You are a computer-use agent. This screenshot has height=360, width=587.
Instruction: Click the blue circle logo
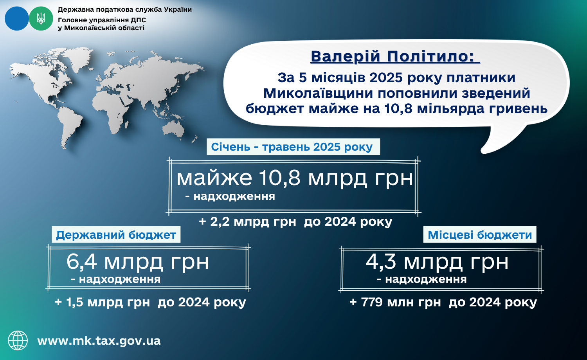tap(17, 19)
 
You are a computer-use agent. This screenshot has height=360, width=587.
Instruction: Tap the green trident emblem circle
tap(41, 19)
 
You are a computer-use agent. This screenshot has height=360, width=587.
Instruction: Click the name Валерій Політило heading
tap(395, 56)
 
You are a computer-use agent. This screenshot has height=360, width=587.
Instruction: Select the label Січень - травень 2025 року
tap(292, 147)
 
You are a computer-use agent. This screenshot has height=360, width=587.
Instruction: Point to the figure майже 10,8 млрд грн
tap(295, 178)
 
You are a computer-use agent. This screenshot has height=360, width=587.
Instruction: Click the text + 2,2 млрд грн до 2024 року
tap(295, 221)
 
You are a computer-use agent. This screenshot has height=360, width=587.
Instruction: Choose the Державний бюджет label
tap(116, 235)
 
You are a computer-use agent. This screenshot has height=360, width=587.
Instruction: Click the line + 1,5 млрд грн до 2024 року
tap(150, 302)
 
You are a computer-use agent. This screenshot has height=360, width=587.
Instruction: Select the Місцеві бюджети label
tap(480, 235)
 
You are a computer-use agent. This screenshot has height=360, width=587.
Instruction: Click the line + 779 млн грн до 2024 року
tap(443, 302)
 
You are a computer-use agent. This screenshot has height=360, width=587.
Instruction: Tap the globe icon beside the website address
tap(18, 340)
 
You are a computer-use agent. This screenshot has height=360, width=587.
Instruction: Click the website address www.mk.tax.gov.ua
tap(99, 341)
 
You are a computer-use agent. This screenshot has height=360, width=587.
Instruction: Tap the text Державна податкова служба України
tap(125, 10)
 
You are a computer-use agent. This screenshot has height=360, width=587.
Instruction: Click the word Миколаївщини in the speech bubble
tap(318, 94)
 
